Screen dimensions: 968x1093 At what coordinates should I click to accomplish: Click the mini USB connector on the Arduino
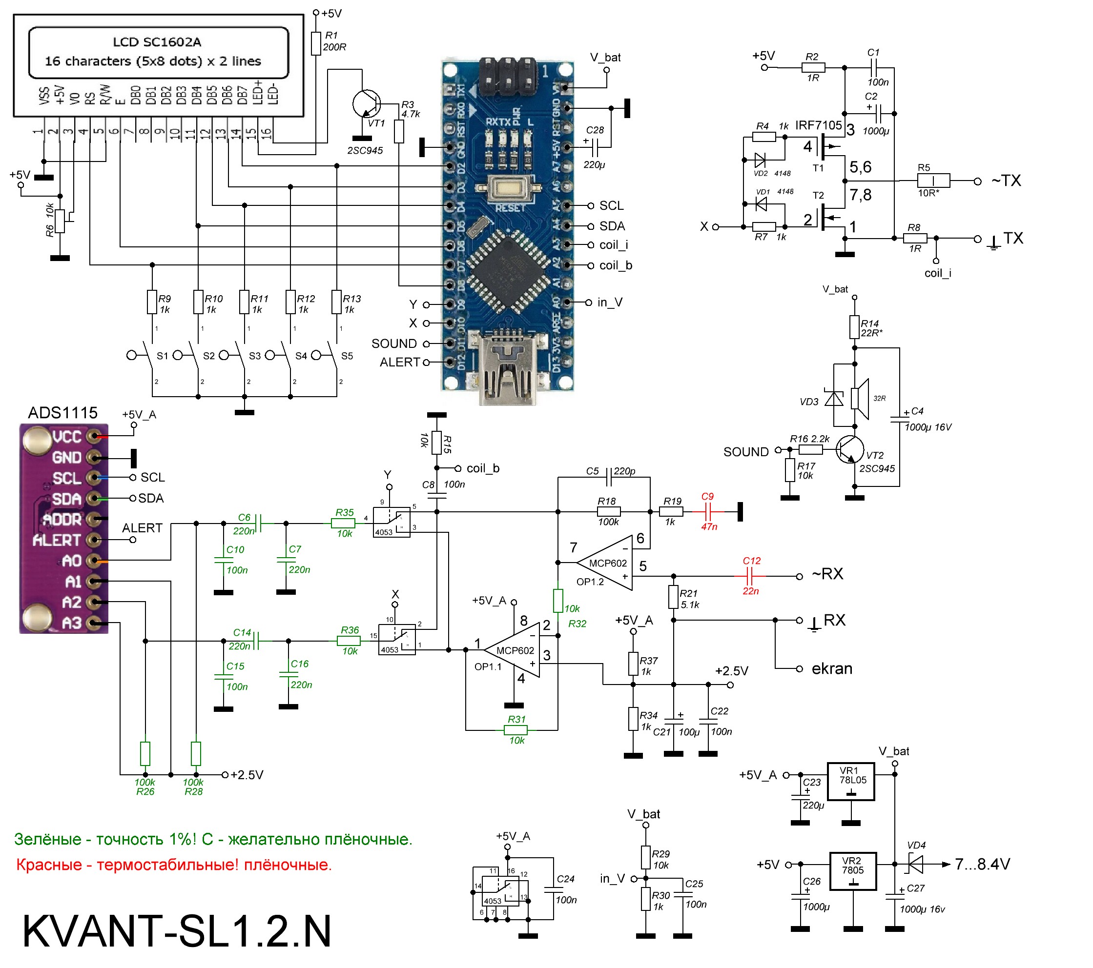pyautogui.click(x=508, y=369)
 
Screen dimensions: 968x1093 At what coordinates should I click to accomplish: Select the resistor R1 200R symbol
pyautogui.click(x=316, y=43)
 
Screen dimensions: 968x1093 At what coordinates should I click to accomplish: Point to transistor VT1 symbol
pyautogui.click(x=367, y=103)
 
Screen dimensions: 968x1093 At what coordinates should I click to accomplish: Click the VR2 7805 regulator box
pyautogui.click(x=853, y=871)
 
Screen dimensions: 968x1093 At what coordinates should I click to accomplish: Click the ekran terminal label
pyautogui.click(x=831, y=669)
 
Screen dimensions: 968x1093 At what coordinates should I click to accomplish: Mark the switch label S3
pyautogui.click(x=255, y=356)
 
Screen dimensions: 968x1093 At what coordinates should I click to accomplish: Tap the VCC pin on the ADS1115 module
pyautogui.click(x=95, y=437)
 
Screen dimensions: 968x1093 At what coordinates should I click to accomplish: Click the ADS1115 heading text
pyautogui.click(x=62, y=413)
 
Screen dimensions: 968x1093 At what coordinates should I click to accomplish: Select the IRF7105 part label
pyautogui.click(x=818, y=125)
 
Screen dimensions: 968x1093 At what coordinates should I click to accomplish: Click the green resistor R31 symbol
pyautogui.click(x=516, y=730)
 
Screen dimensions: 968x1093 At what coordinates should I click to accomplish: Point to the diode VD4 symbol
pyautogui.click(x=916, y=864)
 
